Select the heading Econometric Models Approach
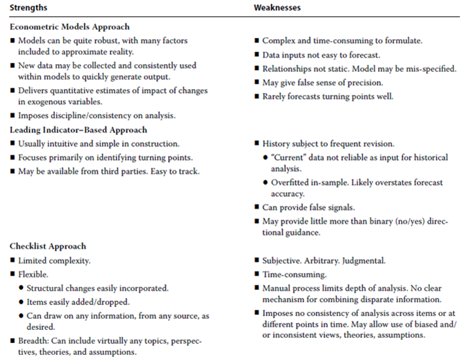[70, 27]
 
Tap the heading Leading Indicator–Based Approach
[78, 130]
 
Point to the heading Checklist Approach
[47, 246]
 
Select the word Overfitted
[292, 182]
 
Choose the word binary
[353, 221]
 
